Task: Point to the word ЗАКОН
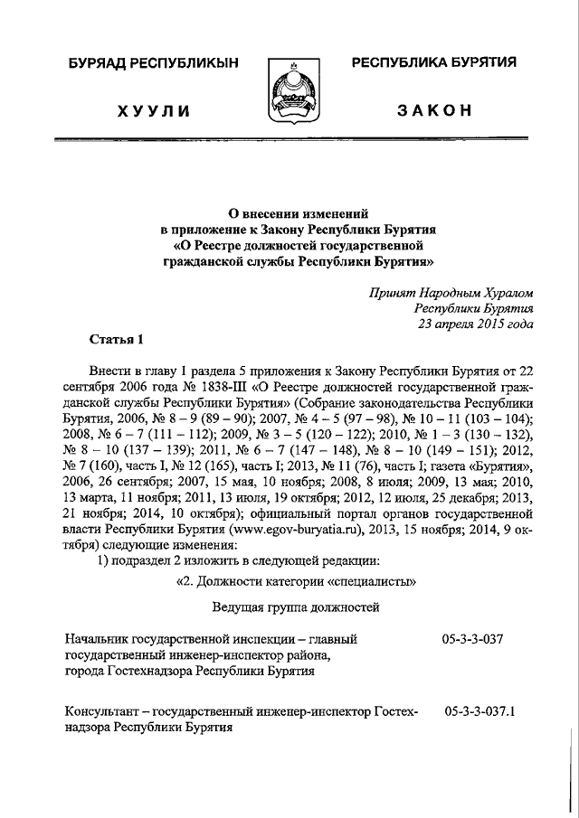coord(433,110)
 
